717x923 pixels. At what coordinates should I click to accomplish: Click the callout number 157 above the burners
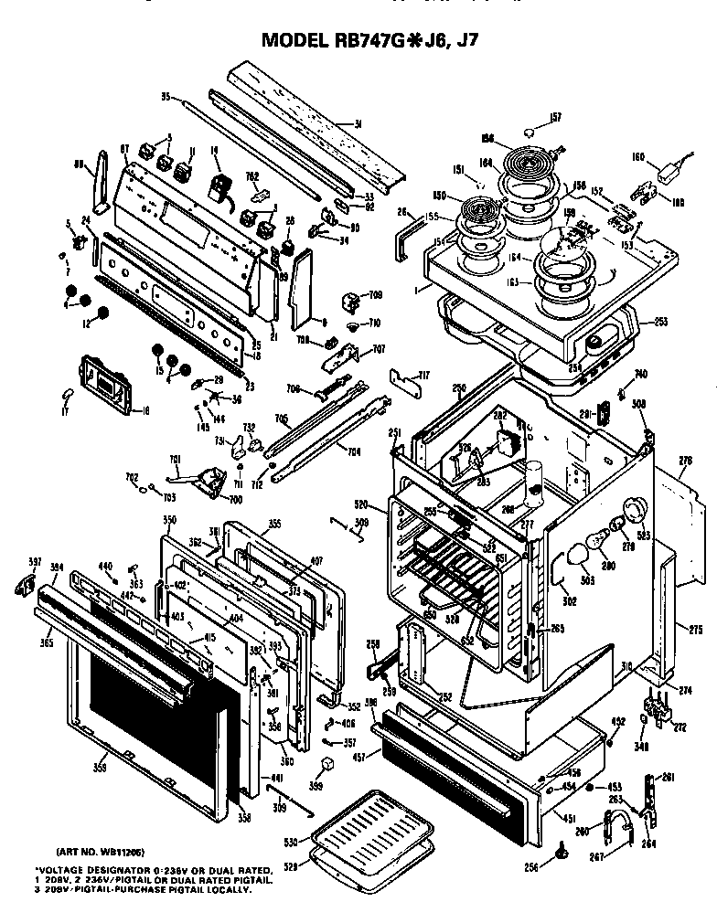pos(554,116)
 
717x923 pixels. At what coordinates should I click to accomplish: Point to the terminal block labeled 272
pos(656,707)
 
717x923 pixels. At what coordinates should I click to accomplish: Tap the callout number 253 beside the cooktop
pos(660,321)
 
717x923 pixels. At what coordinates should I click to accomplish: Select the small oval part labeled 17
pos(67,394)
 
